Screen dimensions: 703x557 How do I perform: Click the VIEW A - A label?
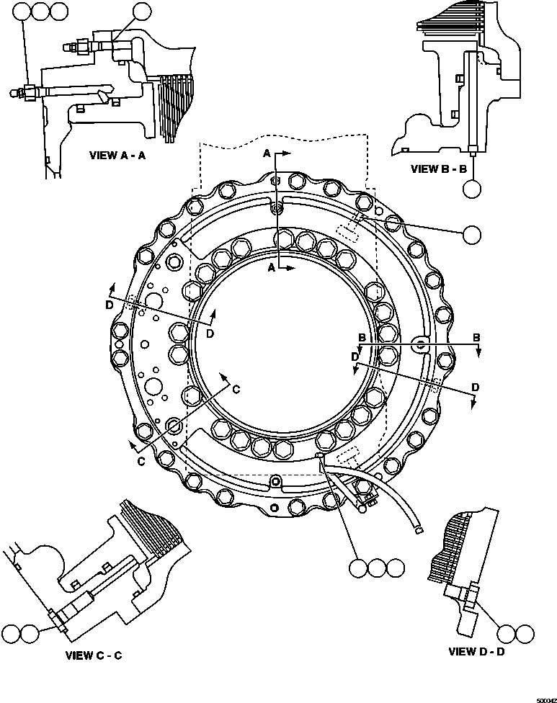117,155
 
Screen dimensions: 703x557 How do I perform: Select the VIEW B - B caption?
439,169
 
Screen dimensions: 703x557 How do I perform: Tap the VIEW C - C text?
94,655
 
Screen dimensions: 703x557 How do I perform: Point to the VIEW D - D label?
476,652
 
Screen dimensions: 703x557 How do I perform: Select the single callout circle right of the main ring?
472,234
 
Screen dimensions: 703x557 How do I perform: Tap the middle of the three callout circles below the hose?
377,568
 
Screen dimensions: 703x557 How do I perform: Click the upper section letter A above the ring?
267,154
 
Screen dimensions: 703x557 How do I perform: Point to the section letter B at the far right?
476,337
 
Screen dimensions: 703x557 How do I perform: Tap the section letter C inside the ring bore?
235,388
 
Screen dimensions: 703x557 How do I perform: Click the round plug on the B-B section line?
420,345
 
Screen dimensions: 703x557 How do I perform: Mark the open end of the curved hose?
419,531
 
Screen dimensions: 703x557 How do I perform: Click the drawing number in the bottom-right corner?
544,697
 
